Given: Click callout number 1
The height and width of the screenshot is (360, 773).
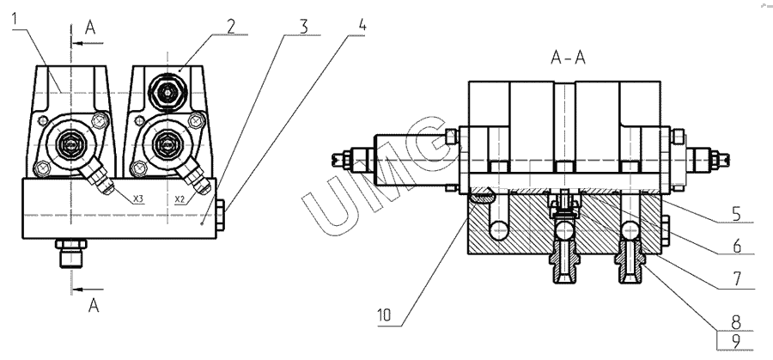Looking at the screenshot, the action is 15,19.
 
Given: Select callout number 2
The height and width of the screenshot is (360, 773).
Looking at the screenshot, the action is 231,26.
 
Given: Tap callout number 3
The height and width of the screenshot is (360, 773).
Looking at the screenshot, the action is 304,27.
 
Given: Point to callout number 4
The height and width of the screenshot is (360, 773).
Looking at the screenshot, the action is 362,25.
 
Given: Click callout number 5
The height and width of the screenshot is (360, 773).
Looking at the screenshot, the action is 736,215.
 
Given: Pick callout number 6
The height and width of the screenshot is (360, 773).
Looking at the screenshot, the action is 737,246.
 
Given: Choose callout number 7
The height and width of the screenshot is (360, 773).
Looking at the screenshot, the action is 737,278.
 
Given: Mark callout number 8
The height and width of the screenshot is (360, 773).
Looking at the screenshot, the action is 736,322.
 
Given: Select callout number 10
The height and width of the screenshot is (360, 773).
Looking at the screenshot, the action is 384,315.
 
